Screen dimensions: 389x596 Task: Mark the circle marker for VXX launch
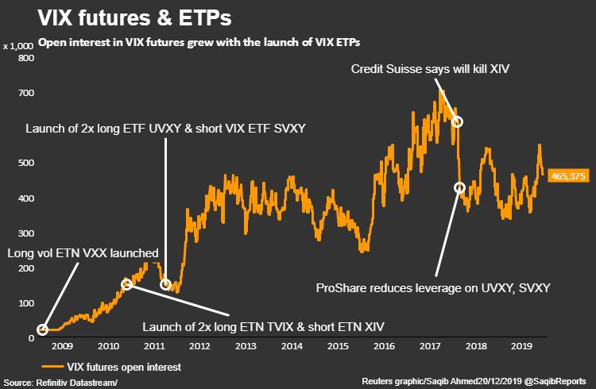tap(43, 329)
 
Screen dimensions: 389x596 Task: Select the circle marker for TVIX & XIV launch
tap(126, 284)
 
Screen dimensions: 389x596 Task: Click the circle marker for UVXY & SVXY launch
tap(165, 284)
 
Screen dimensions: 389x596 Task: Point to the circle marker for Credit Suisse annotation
tap(457, 121)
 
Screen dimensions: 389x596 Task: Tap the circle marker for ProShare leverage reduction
tap(459, 187)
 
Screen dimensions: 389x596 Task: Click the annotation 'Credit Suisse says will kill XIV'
tap(430, 70)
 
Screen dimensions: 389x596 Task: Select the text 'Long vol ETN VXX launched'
tap(83, 253)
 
